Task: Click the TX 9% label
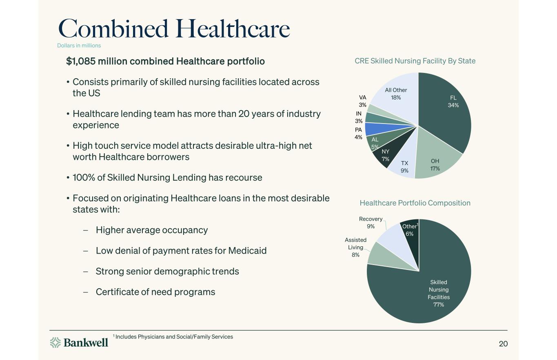404,167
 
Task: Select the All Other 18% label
396,94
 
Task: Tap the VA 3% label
362,101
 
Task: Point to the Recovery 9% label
371,222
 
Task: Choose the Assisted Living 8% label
355,247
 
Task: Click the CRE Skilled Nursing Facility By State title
415,61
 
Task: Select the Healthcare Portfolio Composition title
415,203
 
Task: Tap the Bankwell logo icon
55,342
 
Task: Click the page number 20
503,344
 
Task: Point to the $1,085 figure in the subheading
80,61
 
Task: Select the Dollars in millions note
79,46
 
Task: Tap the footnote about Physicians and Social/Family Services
173,337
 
